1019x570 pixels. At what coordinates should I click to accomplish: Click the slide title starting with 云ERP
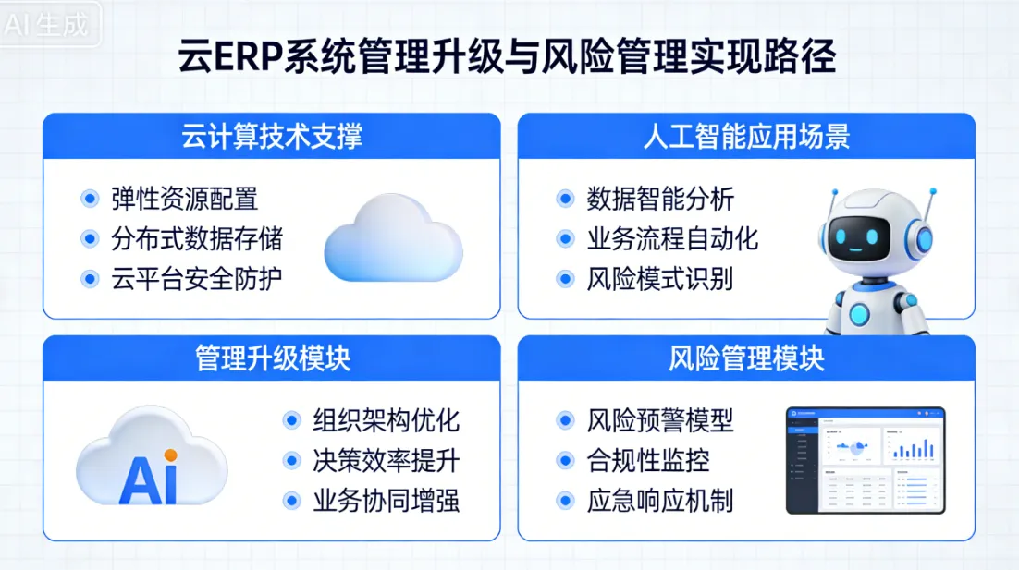[x=508, y=57]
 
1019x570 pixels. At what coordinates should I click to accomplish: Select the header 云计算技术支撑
[x=272, y=136]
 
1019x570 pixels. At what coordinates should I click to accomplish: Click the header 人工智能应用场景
[x=746, y=136]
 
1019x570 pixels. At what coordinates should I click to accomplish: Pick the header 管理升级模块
[x=272, y=358]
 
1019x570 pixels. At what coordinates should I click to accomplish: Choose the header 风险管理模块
[x=746, y=358]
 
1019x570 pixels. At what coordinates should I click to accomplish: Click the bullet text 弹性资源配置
[x=184, y=199]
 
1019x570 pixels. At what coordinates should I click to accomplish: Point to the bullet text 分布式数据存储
[x=196, y=239]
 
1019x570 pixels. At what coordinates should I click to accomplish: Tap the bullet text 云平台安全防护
[x=196, y=279]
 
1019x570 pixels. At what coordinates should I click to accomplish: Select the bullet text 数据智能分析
[x=659, y=199]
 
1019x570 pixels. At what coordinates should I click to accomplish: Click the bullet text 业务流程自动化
[x=671, y=239]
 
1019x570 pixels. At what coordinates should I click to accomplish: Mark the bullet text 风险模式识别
[x=659, y=279]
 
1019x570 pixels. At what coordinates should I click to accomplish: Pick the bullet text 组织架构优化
[x=386, y=420]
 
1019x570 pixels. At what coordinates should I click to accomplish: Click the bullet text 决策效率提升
[x=386, y=460]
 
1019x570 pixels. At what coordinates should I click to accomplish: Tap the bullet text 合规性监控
[x=647, y=460]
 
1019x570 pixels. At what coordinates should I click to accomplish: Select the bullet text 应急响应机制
[x=659, y=501]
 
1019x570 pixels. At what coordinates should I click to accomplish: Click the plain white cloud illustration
[x=393, y=238]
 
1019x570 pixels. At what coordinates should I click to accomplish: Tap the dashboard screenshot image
[x=865, y=460]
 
